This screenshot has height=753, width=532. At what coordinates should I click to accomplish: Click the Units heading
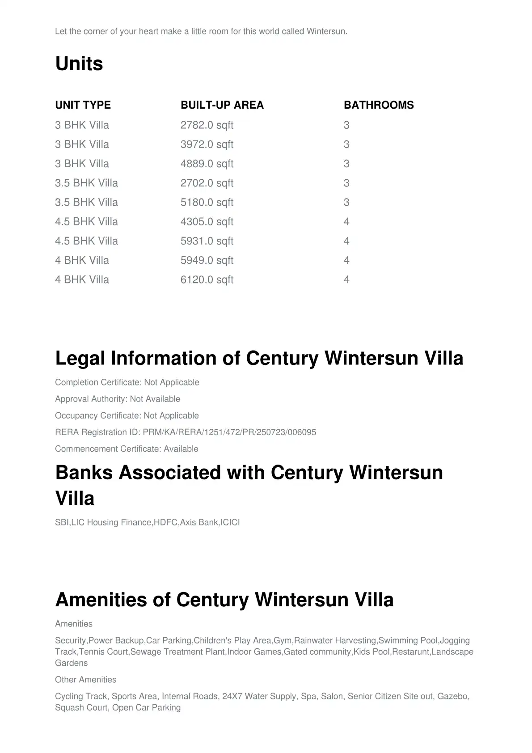coord(79,63)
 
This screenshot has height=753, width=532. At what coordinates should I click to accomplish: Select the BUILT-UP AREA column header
coord(222,105)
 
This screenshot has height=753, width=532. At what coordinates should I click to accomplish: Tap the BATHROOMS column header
coord(379,105)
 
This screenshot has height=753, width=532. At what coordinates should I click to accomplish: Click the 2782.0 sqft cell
coord(207,125)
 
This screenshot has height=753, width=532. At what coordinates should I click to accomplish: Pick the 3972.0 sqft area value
coord(207,144)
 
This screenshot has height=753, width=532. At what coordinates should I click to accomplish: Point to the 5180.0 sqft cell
coord(207,203)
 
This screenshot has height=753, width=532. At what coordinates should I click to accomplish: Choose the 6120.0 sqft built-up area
coord(207,280)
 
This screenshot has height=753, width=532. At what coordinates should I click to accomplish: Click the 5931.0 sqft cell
coord(207,241)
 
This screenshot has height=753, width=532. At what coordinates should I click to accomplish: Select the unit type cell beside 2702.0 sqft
coord(86,183)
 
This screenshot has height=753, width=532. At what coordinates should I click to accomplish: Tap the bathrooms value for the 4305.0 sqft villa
coord(346,222)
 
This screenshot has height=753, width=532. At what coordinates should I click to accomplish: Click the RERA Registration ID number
coord(229,432)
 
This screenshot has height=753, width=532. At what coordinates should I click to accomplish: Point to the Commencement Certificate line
coord(127,449)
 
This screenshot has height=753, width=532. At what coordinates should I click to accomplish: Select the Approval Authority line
coord(118,399)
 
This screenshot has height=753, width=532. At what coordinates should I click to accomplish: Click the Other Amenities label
coord(85,680)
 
